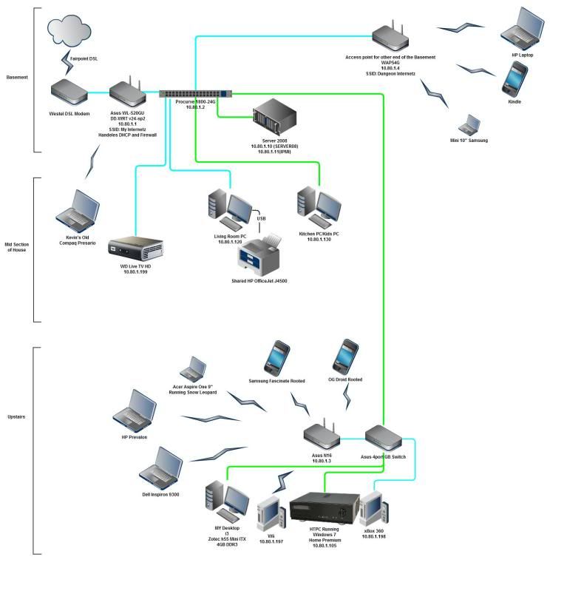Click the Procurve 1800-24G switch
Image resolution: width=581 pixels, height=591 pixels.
tap(195, 94)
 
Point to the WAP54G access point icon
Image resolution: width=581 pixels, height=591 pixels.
tap(390, 37)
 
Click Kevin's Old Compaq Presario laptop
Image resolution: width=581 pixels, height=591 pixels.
tap(77, 209)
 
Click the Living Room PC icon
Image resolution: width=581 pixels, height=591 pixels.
tap(228, 209)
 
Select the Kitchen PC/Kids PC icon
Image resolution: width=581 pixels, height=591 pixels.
tap(318, 206)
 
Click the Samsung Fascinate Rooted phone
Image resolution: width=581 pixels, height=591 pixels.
tap(276, 358)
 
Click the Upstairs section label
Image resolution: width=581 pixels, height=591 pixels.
tap(16, 417)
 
